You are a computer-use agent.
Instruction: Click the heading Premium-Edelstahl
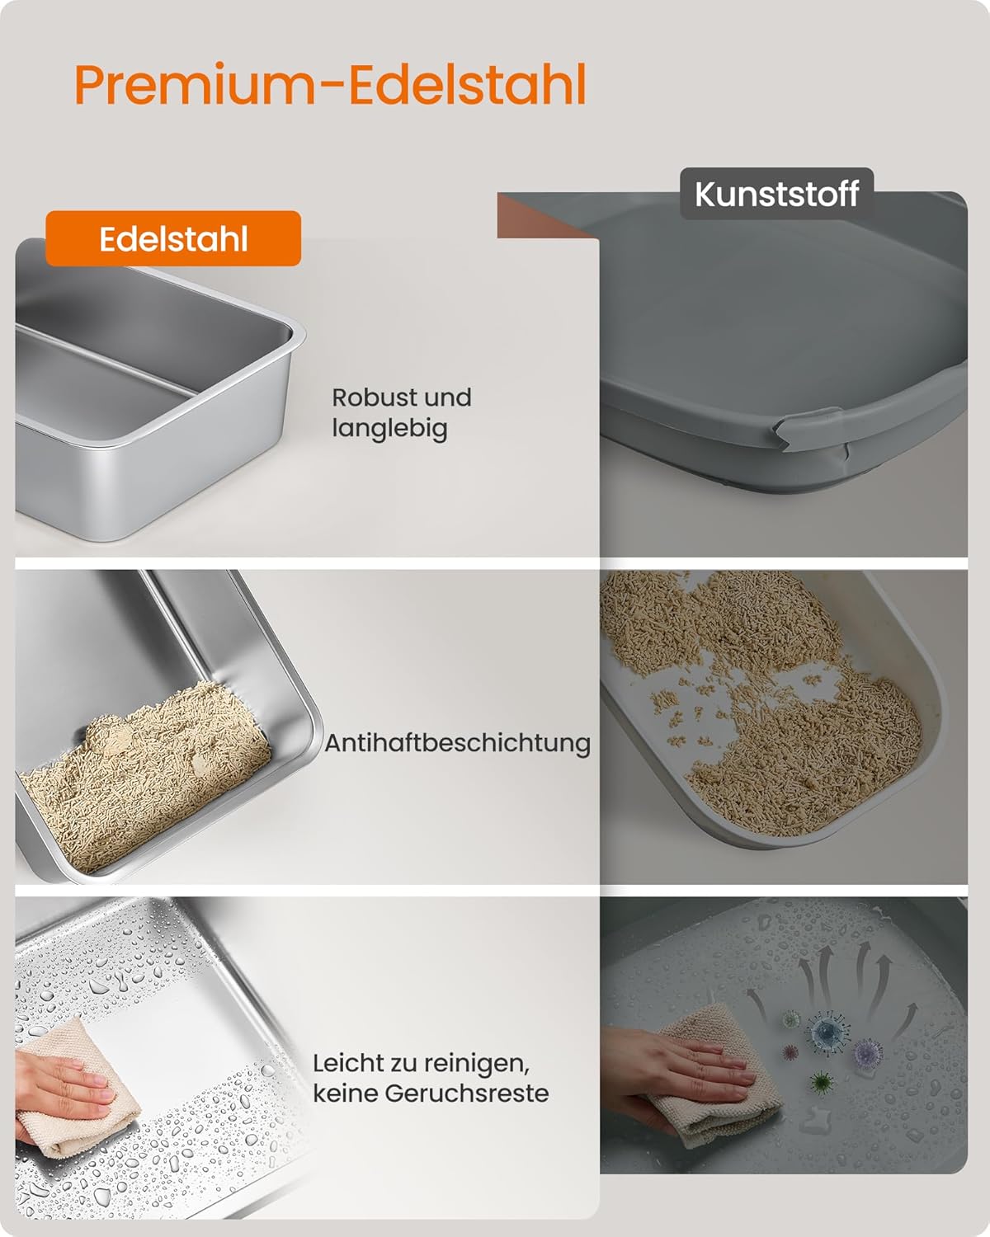tap(330, 84)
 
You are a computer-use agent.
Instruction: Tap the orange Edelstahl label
tap(173, 239)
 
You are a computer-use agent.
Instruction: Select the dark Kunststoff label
tap(776, 194)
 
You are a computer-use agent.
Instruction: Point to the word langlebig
tap(389, 428)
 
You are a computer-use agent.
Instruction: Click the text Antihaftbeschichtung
tap(457, 743)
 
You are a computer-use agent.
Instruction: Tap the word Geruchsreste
tap(466, 1094)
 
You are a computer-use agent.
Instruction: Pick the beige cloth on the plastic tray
tap(718, 1072)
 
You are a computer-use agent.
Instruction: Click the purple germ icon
tap(866, 1051)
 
